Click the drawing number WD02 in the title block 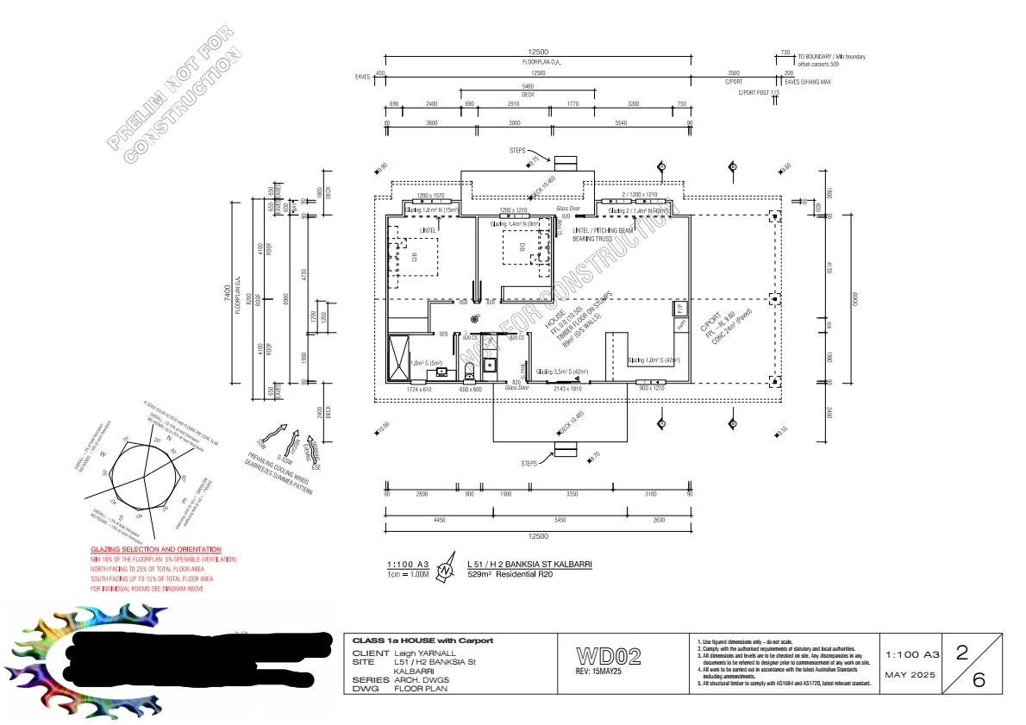[x=609, y=657]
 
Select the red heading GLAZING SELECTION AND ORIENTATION [x=156, y=549]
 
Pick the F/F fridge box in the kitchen [x=679, y=307]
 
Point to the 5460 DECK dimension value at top [x=528, y=86]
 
